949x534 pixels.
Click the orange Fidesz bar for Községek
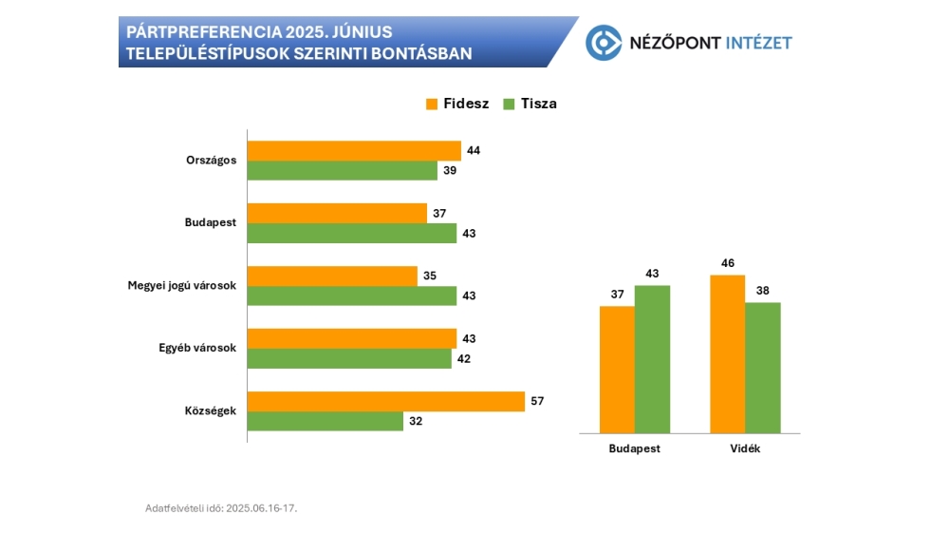(385, 401)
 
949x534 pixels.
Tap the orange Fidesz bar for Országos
(354, 150)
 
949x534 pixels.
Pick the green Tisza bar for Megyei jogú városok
(352, 296)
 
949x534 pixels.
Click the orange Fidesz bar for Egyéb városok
(352, 338)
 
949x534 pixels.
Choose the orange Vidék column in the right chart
(728, 353)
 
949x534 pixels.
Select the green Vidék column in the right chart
(763, 367)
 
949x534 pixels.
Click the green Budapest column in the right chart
(652, 358)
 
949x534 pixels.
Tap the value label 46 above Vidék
(728, 263)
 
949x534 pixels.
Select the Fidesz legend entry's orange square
(431, 104)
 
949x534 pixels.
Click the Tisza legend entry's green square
(509, 104)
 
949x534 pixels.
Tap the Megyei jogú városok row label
(181, 286)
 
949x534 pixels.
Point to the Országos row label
(211, 160)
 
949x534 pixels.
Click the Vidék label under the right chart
(745, 448)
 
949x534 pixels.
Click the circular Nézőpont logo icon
(603, 42)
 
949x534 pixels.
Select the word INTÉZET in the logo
(757, 43)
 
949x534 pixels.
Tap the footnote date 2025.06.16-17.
(261, 508)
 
